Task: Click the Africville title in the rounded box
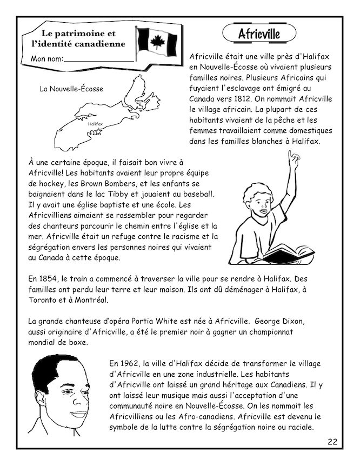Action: coord(259,34)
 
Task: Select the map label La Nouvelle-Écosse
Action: coord(71,89)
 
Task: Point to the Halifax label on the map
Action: coord(95,124)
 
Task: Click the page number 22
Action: coord(332,442)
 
